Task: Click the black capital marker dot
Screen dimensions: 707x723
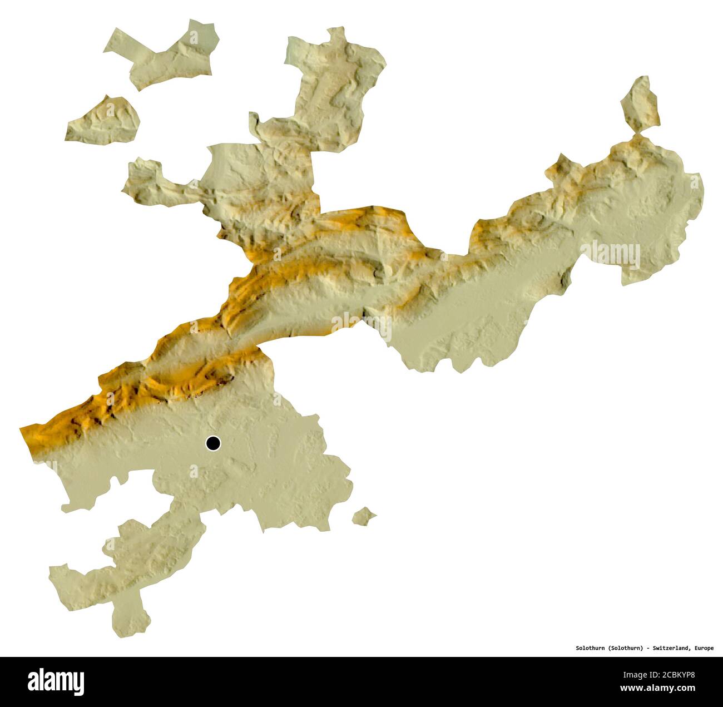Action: tap(213, 443)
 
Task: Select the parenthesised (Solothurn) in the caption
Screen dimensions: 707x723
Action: tap(626, 648)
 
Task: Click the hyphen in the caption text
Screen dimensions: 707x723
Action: tap(648, 648)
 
